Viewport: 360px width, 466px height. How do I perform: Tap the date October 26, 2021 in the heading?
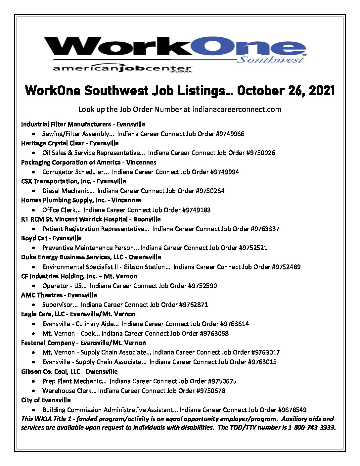point(286,91)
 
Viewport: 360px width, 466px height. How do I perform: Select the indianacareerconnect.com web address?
point(237,110)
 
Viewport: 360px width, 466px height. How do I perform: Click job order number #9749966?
point(230,134)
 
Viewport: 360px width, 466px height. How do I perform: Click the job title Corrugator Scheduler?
point(73,172)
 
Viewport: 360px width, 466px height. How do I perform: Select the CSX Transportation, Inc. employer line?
point(73,181)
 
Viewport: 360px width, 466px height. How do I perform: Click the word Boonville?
point(147,219)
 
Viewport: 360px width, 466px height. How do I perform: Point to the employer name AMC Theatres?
point(42,295)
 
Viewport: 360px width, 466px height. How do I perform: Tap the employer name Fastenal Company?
point(48,343)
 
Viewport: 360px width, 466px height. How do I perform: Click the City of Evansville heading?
point(46,400)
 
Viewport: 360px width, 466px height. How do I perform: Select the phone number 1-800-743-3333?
point(311,428)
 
